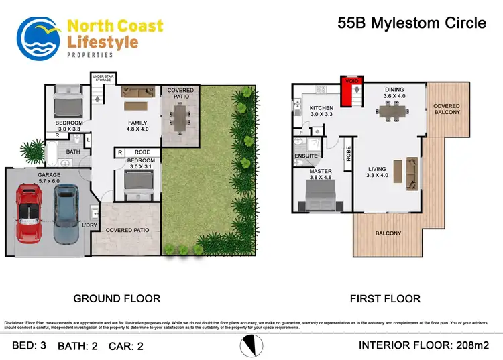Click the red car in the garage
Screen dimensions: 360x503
[29, 214]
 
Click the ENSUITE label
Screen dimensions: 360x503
[306, 156]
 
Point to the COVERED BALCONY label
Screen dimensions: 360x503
[447, 109]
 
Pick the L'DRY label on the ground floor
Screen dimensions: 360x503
[90, 225]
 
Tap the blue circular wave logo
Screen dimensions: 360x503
[39, 39]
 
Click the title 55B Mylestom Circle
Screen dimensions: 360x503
[411, 23]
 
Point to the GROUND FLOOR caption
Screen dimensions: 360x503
[116, 298]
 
